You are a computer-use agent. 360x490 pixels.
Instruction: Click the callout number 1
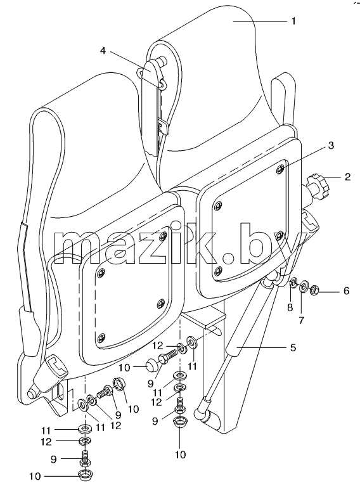coord(293,21)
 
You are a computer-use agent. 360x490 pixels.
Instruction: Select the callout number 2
coord(347,177)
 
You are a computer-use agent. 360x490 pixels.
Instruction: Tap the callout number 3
coord(331,145)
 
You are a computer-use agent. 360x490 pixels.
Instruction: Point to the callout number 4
coord(103,50)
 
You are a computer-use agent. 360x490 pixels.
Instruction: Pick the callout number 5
coord(293,347)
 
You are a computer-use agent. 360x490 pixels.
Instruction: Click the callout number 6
coord(346,291)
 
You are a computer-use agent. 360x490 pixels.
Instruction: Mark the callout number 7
coord(301,320)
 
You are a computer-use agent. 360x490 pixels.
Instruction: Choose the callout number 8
coord(290,307)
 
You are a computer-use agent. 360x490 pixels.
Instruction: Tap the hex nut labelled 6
coord(314,291)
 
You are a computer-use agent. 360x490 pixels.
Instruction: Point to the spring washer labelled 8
coord(293,283)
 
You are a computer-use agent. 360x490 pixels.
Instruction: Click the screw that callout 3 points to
coord(280,169)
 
